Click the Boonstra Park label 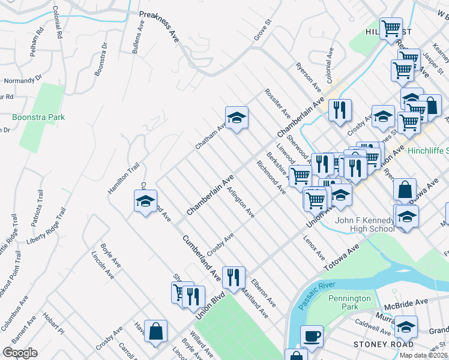pyautogui.click(x=38, y=118)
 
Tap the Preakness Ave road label pyautogui.click(x=160, y=26)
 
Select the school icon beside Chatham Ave pyautogui.click(x=237, y=117)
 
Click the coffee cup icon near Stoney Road pyautogui.click(x=312, y=336)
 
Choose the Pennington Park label pyautogui.click(x=351, y=302)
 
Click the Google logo pyautogui.click(x=20, y=353)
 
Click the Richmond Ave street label pyautogui.click(x=271, y=178)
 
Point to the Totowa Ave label pyautogui.click(x=340, y=257)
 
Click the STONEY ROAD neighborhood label pyautogui.click(x=384, y=345)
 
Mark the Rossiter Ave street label pyautogui.click(x=277, y=103)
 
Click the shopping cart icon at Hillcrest pyautogui.click(x=391, y=28)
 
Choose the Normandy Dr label pyautogui.click(x=23, y=79)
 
